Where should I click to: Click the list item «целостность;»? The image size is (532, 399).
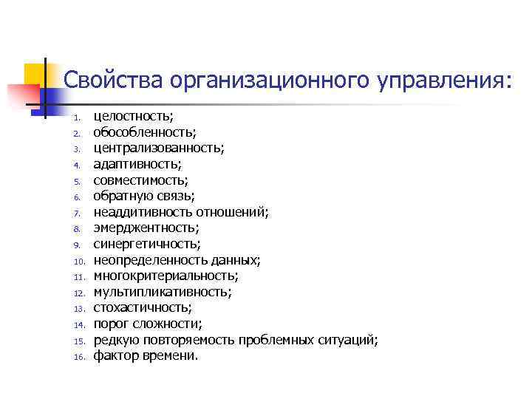coord(134,116)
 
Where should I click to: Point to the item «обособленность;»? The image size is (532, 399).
coord(145,132)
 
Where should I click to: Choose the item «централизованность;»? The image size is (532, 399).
coord(159,148)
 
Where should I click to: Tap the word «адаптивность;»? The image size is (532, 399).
coord(137,164)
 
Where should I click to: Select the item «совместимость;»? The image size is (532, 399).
coord(141,180)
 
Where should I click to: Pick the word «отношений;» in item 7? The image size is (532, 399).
coord(238,212)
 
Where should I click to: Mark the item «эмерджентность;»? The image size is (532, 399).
coord(146,228)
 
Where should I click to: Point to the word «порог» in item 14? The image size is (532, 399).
coord(109,324)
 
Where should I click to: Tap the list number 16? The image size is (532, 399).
coord(81,357)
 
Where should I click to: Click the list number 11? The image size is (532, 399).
coord(81,277)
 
